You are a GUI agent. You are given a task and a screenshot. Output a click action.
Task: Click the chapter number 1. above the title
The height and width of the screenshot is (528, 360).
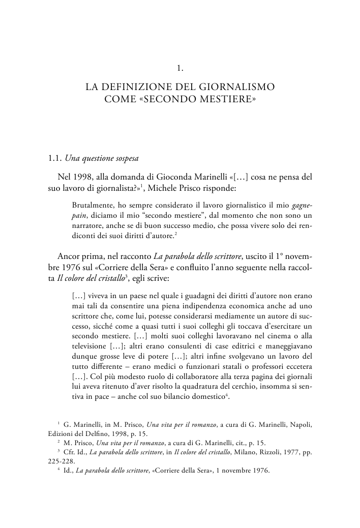(x=180, y=68)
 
